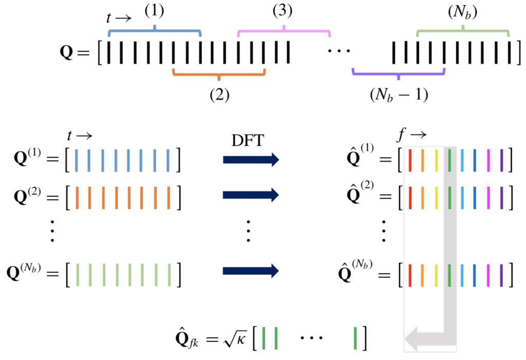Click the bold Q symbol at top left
pos(67,52)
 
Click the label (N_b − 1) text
pos(399,95)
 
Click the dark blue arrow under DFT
pos(251,160)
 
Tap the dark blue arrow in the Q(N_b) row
pos(251,270)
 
